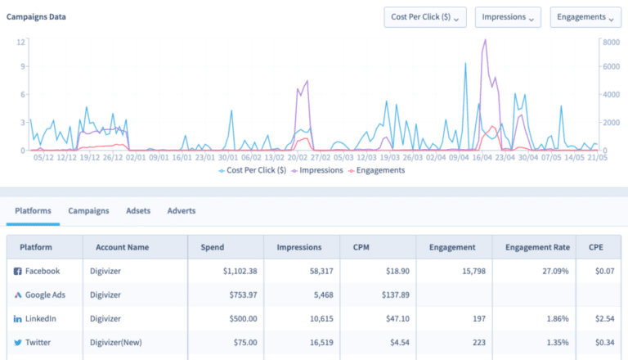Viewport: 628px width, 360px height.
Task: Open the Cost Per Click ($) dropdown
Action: point(425,17)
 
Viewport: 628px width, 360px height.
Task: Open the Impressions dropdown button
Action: point(508,17)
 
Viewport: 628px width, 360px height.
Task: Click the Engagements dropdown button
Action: point(585,17)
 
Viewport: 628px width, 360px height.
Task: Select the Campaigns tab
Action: point(88,210)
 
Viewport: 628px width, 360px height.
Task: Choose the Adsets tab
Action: point(138,210)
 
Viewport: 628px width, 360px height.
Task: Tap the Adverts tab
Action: point(181,210)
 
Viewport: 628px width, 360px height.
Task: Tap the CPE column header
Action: point(597,246)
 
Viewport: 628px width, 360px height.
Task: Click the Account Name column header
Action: point(123,246)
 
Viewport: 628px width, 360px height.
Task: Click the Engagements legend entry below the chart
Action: point(377,170)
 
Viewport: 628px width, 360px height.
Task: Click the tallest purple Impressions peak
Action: point(486,40)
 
